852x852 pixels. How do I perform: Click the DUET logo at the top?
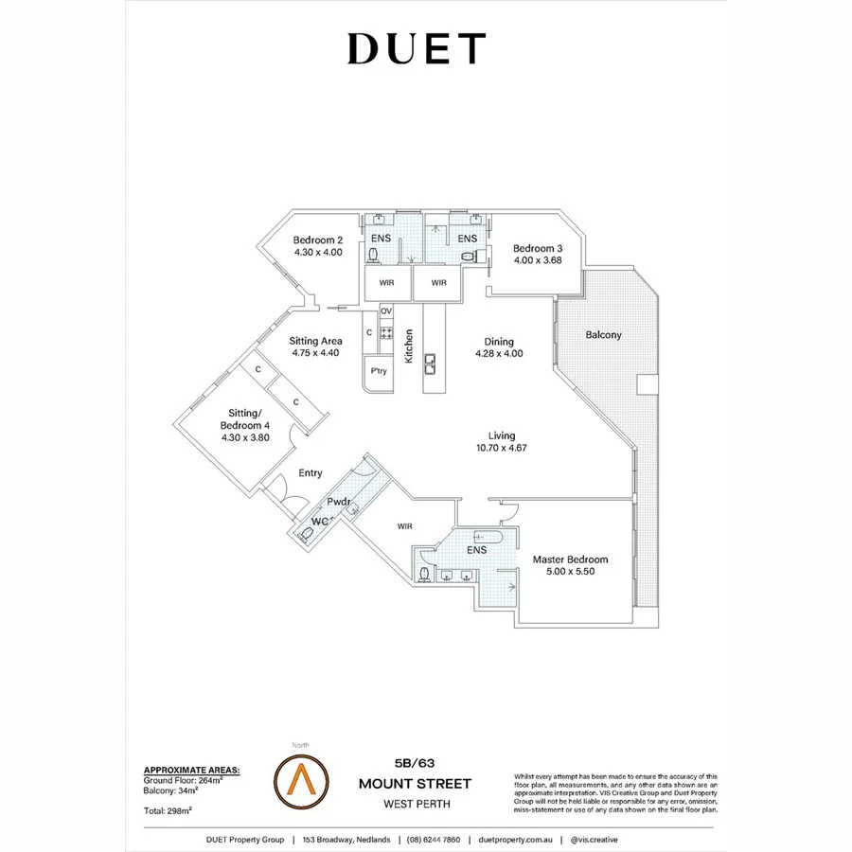417,49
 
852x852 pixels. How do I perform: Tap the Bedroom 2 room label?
317,240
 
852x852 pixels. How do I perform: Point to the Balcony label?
603,335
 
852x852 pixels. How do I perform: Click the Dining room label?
499,342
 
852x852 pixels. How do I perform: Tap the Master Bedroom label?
570,559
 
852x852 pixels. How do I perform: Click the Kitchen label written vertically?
410,346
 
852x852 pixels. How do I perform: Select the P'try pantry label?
379,371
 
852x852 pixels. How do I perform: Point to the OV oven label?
385,311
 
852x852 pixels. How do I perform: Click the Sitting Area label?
316,341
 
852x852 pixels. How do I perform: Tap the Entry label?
311,473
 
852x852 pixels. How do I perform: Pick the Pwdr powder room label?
339,503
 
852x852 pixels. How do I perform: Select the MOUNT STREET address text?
415,784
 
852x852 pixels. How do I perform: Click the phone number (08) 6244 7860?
433,840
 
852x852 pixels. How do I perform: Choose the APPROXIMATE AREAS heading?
190,771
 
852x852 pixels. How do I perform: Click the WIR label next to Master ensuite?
405,526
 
